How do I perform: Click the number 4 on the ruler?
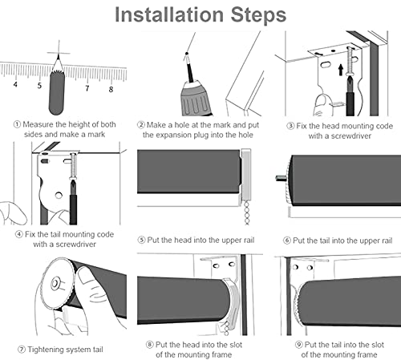[15, 84]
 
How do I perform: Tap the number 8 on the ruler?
[111, 89]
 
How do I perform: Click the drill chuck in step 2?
[194, 99]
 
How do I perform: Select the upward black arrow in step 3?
[341, 70]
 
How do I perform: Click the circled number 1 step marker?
[17, 124]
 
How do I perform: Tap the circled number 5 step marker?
[141, 240]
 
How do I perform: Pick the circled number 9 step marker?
[299, 345]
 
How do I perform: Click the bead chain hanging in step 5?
[246, 212]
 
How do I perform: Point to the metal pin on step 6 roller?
[282, 177]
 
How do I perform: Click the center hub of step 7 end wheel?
[55, 283]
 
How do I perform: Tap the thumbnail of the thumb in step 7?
[86, 275]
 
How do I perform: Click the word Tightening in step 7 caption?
[45, 350]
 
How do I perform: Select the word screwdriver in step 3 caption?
[351, 136]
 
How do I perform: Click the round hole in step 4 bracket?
[59, 196]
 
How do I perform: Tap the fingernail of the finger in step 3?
[320, 101]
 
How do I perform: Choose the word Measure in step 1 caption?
[38, 124]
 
